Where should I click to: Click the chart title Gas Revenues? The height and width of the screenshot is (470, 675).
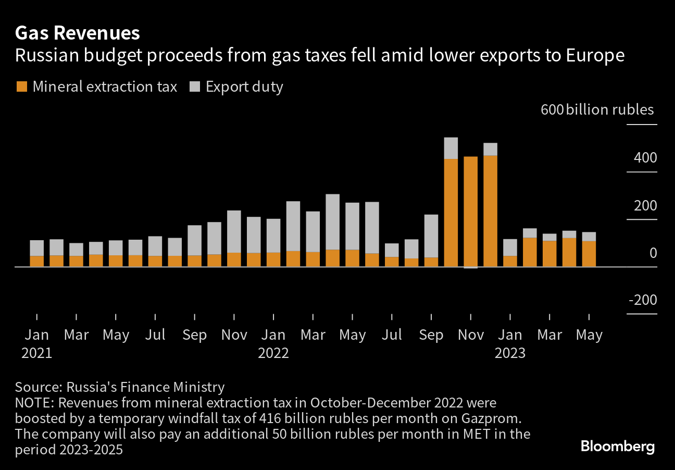pyautogui.click(x=78, y=33)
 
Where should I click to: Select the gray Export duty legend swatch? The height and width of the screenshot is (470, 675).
pyautogui.click(x=194, y=86)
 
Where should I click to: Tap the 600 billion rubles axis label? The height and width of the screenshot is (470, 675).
pyautogui.click(x=597, y=110)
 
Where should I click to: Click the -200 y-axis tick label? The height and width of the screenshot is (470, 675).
pyautogui.click(x=643, y=301)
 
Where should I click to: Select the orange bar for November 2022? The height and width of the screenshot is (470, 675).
pyautogui.click(x=470, y=211)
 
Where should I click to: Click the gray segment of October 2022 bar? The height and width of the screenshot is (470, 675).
pyautogui.click(x=451, y=148)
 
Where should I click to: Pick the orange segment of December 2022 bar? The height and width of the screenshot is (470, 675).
pyautogui.click(x=490, y=211)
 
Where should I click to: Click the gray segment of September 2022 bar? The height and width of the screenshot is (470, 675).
pyautogui.click(x=431, y=236)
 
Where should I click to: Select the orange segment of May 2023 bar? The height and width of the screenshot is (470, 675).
pyautogui.click(x=589, y=254)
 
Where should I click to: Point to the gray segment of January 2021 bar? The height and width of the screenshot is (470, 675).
pyautogui.click(x=37, y=248)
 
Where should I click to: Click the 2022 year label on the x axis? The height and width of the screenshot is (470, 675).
pyautogui.click(x=273, y=353)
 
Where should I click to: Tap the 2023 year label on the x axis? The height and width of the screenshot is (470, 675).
pyautogui.click(x=510, y=353)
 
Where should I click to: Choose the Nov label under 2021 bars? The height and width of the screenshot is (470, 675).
pyautogui.click(x=234, y=335)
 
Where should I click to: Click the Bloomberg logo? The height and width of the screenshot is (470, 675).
pyautogui.click(x=617, y=447)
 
